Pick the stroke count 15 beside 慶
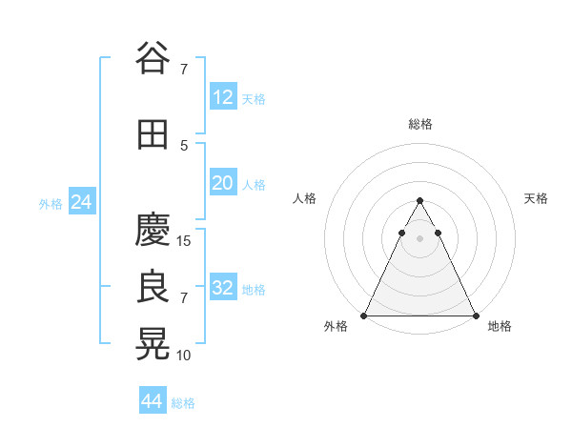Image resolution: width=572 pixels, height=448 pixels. point(185,240)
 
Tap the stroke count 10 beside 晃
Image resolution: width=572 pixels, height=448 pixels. point(185,355)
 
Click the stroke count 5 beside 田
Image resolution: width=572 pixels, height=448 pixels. point(184,145)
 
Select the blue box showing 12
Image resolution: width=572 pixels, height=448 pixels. point(222,97)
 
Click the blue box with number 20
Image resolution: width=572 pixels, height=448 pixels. point(222,183)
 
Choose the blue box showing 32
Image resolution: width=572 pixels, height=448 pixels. point(222,288)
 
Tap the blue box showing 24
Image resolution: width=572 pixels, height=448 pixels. point(81,202)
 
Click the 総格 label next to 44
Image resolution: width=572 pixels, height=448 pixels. point(183,403)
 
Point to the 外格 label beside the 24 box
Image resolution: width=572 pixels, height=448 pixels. point(51,203)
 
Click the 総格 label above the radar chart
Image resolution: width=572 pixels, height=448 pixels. point(419,124)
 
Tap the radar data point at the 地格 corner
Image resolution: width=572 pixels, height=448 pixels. point(475,315)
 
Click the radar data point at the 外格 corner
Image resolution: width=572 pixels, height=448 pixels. point(364,315)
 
